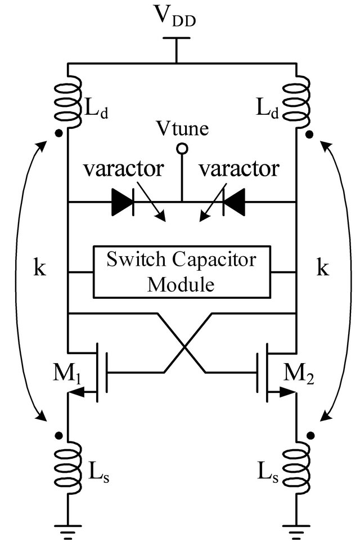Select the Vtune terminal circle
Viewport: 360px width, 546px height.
(182, 149)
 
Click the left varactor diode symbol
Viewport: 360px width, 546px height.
(123, 203)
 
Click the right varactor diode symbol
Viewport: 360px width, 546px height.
(234, 203)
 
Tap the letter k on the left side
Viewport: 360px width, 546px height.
(38, 268)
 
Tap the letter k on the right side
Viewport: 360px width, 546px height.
(322, 268)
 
